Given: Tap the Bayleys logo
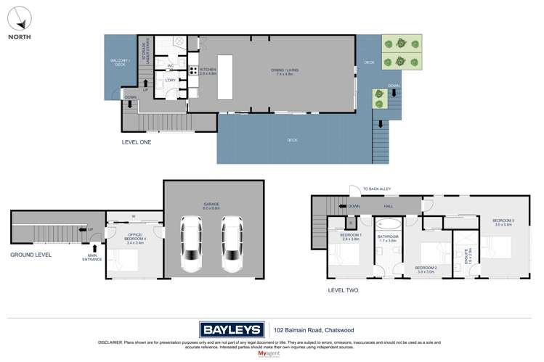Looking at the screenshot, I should pyautogui.click(x=233, y=329).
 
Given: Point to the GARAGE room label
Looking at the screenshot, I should pyautogui.click(x=211, y=205).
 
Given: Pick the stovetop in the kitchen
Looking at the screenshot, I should pyautogui.click(x=194, y=70).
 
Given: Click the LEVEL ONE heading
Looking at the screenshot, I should pyautogui.click(x=136, y=143).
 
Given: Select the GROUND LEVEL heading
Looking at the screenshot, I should pyautogui.click(x=31, y=255).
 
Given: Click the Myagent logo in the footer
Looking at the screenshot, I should pyautogui.click(x=268, y=353).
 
